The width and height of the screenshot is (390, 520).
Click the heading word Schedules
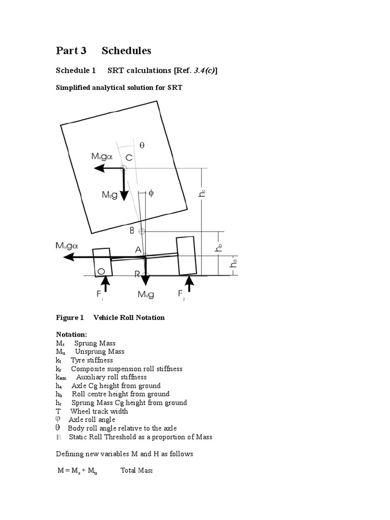126,51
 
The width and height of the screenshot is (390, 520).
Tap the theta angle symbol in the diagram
142,145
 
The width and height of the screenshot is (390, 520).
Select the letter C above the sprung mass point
129,157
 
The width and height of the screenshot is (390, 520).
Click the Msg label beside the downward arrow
110,195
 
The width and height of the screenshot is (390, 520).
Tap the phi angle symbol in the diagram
151,193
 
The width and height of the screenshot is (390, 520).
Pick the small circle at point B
142,232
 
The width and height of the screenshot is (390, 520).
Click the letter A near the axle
138,249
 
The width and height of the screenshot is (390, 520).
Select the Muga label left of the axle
67,246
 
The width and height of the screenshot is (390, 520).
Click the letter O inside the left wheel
101,272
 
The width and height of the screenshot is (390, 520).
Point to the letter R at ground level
137,274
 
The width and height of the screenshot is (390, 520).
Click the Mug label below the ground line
146,294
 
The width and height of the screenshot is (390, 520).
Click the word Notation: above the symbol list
71,334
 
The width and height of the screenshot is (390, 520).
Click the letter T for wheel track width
58,411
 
